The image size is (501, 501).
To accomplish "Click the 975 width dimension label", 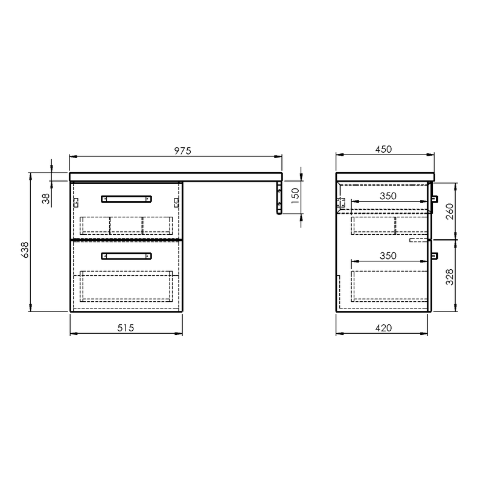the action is (x=182, y=150).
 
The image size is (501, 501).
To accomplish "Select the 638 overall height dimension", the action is (x=25, y=250).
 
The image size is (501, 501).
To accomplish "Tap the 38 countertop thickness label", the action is (x=46, y=199).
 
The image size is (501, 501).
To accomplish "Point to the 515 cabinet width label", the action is (x=126, y=328).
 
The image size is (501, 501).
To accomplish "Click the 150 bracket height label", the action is (x=295, y=196).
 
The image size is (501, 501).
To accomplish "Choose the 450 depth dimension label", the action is (x=383, y=149).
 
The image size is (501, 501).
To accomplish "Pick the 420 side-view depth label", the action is (x=383, y=328).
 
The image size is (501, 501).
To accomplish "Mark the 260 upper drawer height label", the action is (x=449, y=211).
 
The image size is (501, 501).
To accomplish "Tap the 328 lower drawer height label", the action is (x=449, y=277).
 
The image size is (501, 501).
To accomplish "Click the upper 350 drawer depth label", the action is (x=388, y=196).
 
